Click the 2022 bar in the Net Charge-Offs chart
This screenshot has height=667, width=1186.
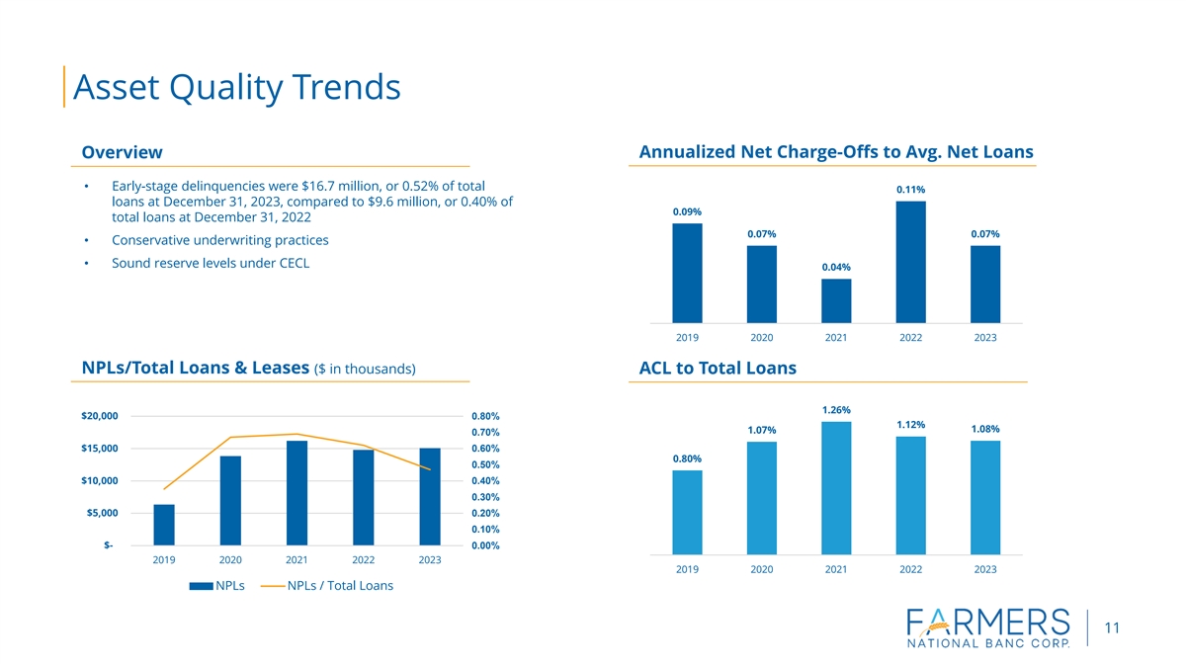tap(910, 262)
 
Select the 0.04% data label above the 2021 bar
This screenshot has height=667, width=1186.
tap(836, 267)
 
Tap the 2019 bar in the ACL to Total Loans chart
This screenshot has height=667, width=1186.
tap(687, 512)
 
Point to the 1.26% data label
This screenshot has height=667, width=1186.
tap(836, 410)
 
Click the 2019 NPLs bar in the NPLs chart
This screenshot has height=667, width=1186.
tap(164, 525)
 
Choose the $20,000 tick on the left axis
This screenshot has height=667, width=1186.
tap(98, 416)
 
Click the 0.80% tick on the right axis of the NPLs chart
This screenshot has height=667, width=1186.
tap(485, 416)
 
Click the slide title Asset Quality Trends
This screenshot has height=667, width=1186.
tap(237, 87)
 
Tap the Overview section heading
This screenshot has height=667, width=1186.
tap(122, 152)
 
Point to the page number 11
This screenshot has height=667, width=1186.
tap(1113, 628)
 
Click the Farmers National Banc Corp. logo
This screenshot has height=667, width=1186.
tap(987, 627)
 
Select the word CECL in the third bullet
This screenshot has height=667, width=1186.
tap(290, 263)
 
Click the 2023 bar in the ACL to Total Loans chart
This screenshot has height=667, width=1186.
tap(985, 497)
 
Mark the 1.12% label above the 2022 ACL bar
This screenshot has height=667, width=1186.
tap(910, 425)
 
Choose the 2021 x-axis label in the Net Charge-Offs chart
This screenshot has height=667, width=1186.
tap(836, 338)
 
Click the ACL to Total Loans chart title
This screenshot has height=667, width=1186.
tap(718, 369)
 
